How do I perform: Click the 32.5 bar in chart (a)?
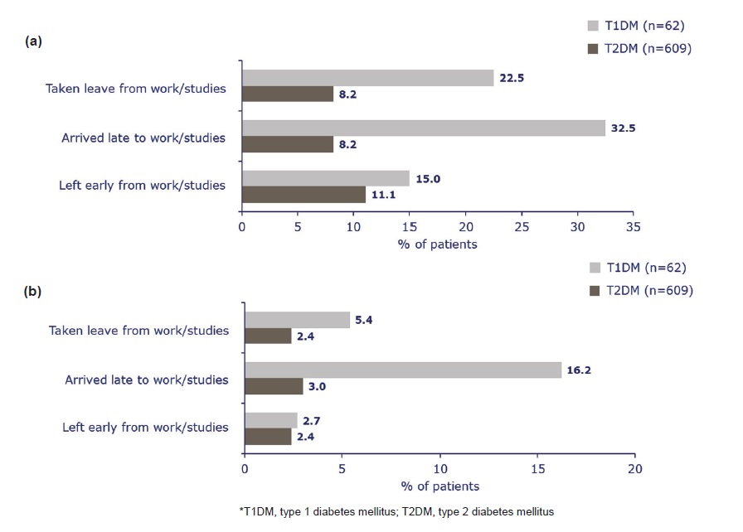click(x=424, y=128)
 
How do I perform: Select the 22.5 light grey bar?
click(x=367, y=78)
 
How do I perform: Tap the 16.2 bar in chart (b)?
click(x=403, y=370)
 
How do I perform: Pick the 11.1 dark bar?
click(x=304, y=195)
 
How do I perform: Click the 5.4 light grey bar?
click(x=298, y=320)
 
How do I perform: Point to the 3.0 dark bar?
click(x=274, y=386)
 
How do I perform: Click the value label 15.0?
click(x=428, y=179)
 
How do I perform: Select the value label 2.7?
click(x=311, y=421)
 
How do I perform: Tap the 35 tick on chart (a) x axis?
click(x=633, y=227)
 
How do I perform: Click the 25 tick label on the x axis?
click(x=522, y=227)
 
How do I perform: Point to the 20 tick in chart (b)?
click(x=635, y=469)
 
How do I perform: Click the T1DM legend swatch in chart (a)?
click(x=593, y=26)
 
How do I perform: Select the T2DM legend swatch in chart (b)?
click(x=595, y=291)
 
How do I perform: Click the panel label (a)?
click(x=33, y=41)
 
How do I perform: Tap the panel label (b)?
click(x=32, y=291)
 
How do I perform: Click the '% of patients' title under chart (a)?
click(x=437, y=244)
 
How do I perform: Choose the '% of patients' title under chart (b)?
click(x=440, y=486)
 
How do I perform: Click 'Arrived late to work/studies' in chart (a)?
click(x=143, y=138)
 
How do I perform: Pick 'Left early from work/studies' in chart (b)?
click(x=145, y=428)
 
